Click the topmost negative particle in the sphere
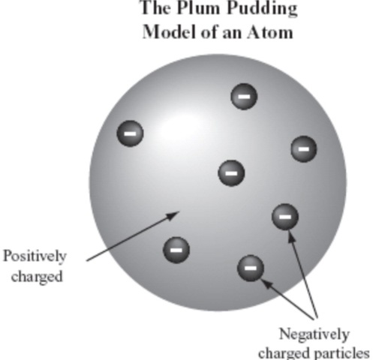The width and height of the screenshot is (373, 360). (243, 97)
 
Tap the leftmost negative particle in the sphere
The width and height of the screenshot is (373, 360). (130, 133)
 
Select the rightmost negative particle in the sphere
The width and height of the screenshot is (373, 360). (303, 148)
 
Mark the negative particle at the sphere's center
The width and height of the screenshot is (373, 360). (231, 173)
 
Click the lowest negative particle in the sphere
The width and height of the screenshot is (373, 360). (250, 267)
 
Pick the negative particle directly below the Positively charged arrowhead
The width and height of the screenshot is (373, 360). (176, 247)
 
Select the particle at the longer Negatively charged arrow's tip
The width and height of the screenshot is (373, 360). (284, 217)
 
